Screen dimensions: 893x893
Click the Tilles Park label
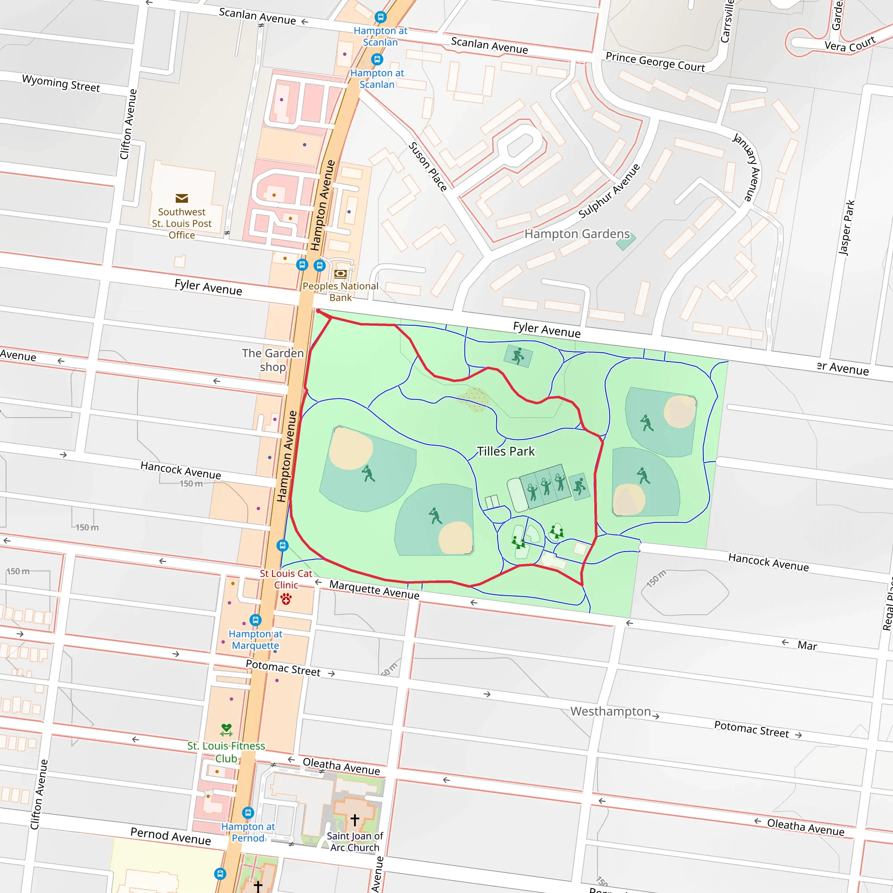point(505,451)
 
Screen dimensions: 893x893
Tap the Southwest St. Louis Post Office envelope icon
point(182,198)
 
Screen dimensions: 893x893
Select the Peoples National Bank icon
point(340,274)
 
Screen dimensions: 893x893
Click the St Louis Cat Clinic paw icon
point(286,600)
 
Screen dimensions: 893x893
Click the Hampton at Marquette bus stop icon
point(255,620)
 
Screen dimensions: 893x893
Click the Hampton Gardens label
point(577,234)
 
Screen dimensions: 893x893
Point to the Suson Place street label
point(428,167)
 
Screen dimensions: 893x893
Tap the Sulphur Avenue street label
point(609,191)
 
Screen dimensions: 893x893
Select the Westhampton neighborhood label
point(610,711)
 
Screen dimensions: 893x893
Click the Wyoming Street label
point(61,83)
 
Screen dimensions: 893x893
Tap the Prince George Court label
point(655,62)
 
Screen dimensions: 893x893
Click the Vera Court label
point(849,44)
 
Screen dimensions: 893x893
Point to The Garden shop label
point(273,360)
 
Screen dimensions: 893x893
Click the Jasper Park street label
point(847,228)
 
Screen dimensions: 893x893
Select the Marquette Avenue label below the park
point(374,590)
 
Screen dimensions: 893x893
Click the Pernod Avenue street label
point(170,836)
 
